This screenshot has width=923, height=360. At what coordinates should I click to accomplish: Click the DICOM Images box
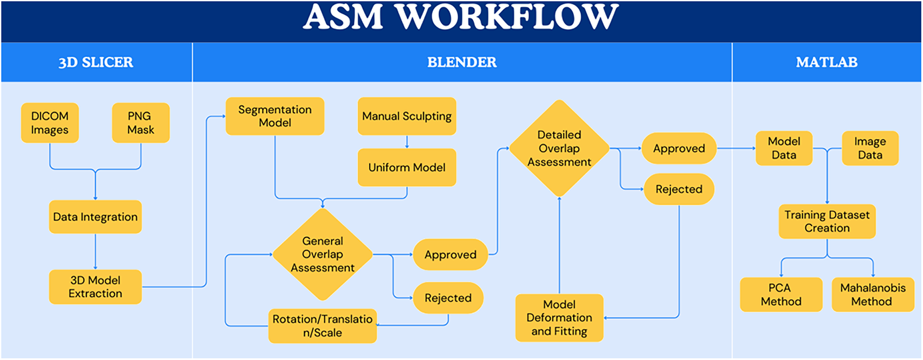click(x=50, y=123)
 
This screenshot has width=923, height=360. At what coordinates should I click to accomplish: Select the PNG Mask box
click(x=141, y=123)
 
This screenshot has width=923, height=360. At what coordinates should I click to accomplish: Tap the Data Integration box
click(x=95, y=217)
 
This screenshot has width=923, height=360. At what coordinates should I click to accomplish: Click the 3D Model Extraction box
click(x=95, y=287)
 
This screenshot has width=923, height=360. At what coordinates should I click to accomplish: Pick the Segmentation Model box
click(x=275, y=116)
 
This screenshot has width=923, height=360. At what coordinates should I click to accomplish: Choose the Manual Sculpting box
click(x=407, y=116)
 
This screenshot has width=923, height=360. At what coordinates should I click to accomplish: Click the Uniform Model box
click(x=407, y=167)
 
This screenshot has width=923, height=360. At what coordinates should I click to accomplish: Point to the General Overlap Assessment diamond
click(x=323, y=255)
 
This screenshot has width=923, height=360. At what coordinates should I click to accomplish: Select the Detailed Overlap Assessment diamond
click(x=559, y=148)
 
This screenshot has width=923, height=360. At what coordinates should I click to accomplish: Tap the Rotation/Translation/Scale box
click(x=323, y=326)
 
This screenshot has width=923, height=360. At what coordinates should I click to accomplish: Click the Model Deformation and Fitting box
click(x=559, y=318)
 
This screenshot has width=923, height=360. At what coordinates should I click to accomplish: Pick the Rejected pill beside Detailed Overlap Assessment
click(x=679, y=189)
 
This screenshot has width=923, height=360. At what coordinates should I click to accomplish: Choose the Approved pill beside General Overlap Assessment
click(x=451, y=255)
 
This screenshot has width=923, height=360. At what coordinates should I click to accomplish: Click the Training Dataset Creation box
click(x=827, y=221)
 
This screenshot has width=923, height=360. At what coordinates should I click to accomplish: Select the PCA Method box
click(x=781, y=294)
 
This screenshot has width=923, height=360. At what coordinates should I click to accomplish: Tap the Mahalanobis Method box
click(x=873, y=294)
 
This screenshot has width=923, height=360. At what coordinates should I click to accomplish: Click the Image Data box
click(x=870, y=148)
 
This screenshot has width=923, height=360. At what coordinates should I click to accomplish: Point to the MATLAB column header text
click(x=826, y=62)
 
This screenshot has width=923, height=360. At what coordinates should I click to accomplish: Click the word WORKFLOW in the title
click(x=507, y=17)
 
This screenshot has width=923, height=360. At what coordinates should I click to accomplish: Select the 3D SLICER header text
click(x=96, y=62)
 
